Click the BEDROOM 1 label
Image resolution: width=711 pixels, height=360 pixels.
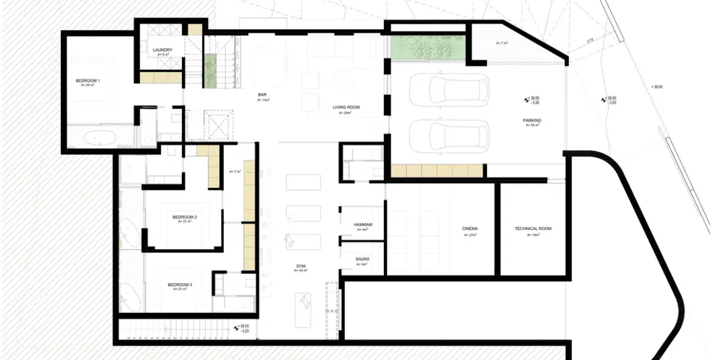pyautogui.click(x=88, y=81)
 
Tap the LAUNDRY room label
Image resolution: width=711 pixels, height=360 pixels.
pyautogui.click(x=163, y=50)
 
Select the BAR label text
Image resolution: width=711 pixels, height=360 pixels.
pyautogui.click(x=262, y=95)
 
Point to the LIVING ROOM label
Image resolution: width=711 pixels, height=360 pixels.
pyautogui.click(x=346, y=107)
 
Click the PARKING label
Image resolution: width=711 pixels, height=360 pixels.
pyautogui.click(x=532, y=120)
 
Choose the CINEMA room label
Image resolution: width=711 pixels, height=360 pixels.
pyautogui.click(x=470, y=229)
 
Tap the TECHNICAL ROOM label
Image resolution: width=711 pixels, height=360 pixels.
pyautogui.click(x=533, y=229)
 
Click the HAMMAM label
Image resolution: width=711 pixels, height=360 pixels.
pyautogui.click(x=363, y=225)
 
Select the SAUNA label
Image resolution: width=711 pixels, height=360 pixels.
pyautogui.click(x=363, y=259)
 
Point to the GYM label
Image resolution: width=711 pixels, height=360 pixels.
pyautogui.click(x=301, y=266)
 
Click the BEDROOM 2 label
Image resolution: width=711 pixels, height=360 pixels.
pyautogui.click(x=184, y=217)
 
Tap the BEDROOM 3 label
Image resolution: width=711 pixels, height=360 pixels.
pyautogui.click(x=179, y=284)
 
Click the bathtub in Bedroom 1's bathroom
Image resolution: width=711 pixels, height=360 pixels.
pyautogui.click(x=99, y=137)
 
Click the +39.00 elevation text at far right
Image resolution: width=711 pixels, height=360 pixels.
pyautogui.click(x=657, y=87)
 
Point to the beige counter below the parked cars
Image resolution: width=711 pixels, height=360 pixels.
pyautogui.click(x=437, y=171)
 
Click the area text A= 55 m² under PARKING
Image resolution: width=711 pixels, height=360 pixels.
pyautogui.click(x=532, y=125)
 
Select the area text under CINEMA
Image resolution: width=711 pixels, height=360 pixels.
pyautogui.click(x=469, y=234)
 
